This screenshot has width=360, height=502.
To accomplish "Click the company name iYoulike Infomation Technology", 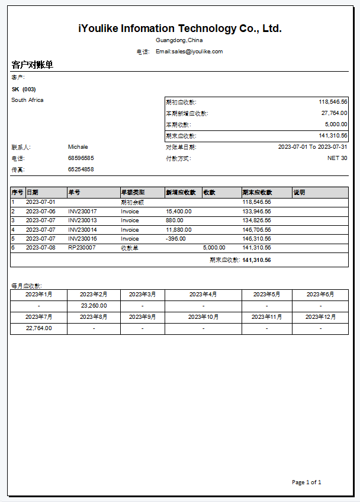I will [x=179, y=28].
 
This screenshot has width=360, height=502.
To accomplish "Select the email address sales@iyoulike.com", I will [x=189, y=52].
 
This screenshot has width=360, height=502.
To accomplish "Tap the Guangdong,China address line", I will [x=179, y=40].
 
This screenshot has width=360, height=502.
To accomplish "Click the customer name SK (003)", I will [x=24, y=89].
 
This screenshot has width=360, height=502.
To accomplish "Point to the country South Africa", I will [x=27, y=100].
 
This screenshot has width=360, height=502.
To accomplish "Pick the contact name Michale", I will [x=78, y=146].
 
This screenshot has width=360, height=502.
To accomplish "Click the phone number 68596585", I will [x=81, y=158].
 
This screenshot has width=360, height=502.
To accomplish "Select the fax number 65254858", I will [x=81, y=170].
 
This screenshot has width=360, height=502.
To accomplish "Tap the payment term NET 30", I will [x=337, y=158].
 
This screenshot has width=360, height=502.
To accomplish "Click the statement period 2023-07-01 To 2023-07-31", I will [x=313, y=146].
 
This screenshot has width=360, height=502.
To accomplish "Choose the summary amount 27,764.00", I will [x=335, y=113].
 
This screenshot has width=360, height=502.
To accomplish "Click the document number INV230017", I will [x=82, y=211].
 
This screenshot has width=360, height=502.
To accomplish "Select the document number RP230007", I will [x=82, y=248].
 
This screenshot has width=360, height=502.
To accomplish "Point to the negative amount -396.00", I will [x=176, y=239].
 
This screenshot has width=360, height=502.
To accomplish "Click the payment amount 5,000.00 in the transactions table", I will [x=214, y=248].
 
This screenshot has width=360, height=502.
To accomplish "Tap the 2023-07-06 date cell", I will [x=41, y=211].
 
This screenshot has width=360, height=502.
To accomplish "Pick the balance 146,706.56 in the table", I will [x=256, y=229].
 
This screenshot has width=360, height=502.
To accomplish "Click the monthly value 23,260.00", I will [x=94, y=306].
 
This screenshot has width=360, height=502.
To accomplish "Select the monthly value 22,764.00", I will [x=38, y=328].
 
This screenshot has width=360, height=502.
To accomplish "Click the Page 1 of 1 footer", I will [x=306, y=482].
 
